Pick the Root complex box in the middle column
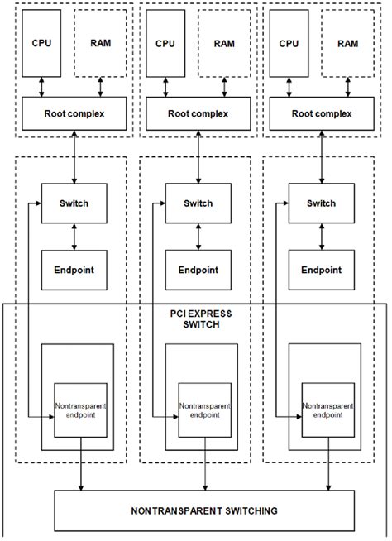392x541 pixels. (x=197, y=113)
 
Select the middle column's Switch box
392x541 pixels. (x=198, y=203)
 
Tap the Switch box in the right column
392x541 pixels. (x=323, y=203)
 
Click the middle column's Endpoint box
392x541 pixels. (x=198, y=270)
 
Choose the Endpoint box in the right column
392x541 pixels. (x=323, y=270)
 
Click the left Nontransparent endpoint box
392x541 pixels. (x=81, y=410)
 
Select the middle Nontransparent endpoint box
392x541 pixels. (x=205, y=410)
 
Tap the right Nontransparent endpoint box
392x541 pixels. (x=328, y=410)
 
